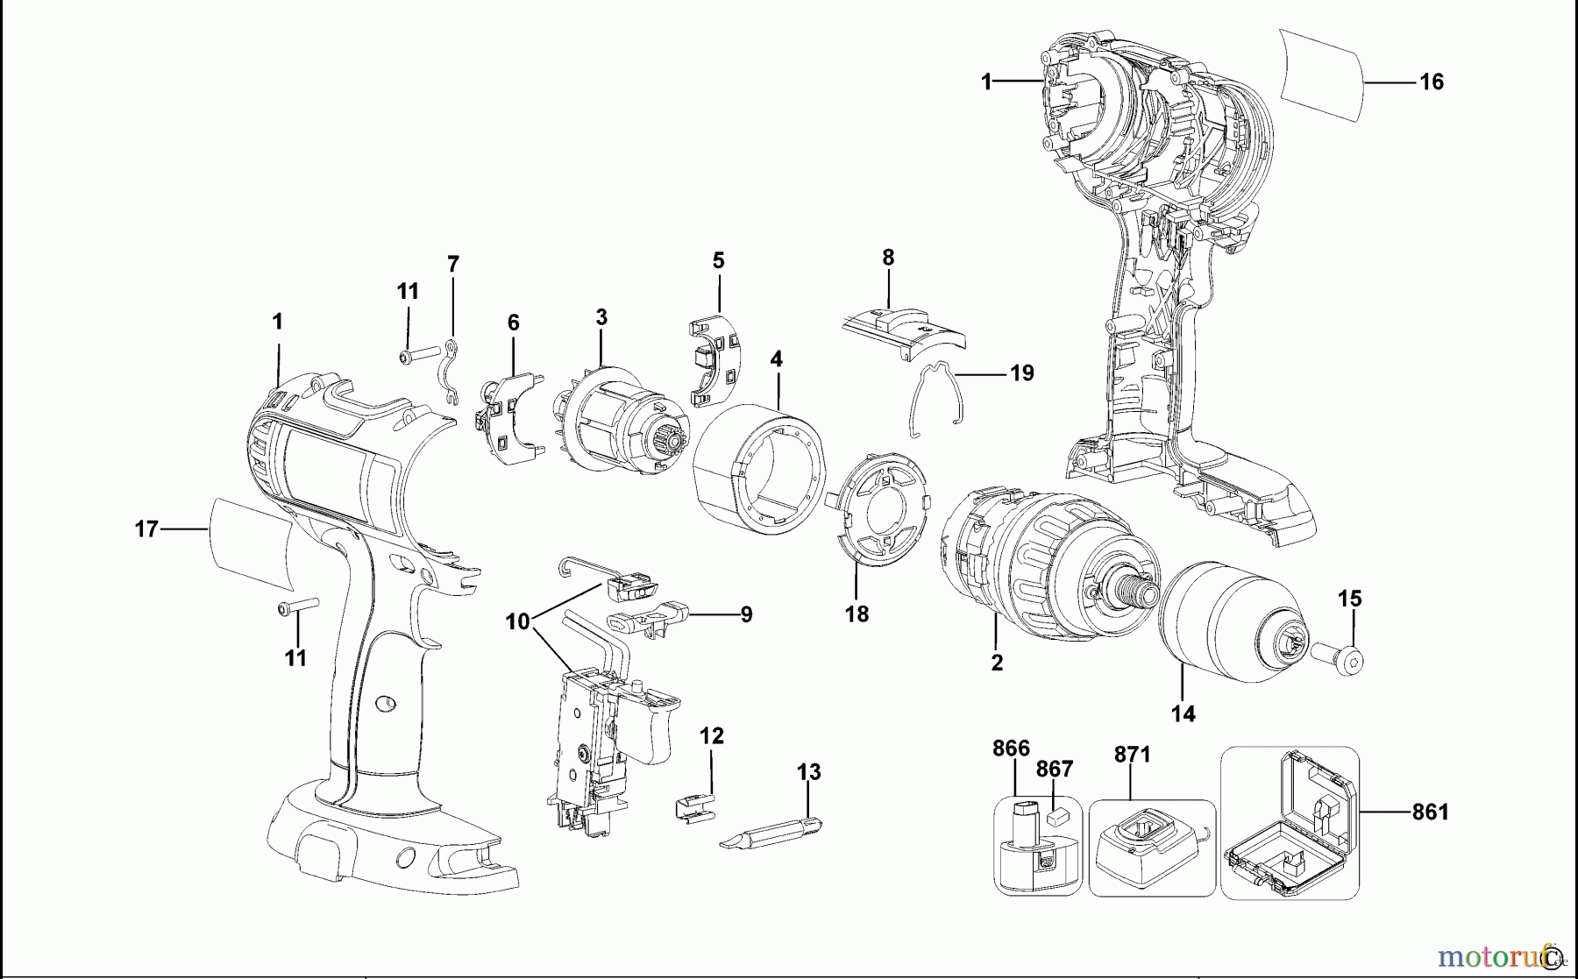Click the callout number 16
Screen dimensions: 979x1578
[1431, 82]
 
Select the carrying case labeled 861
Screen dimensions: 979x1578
[1290, 824]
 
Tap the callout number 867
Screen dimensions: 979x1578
[1054, 769]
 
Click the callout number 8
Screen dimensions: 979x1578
[888, 258]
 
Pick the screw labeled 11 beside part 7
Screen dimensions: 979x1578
[419, 355]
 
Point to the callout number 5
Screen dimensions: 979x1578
[718, 260]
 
